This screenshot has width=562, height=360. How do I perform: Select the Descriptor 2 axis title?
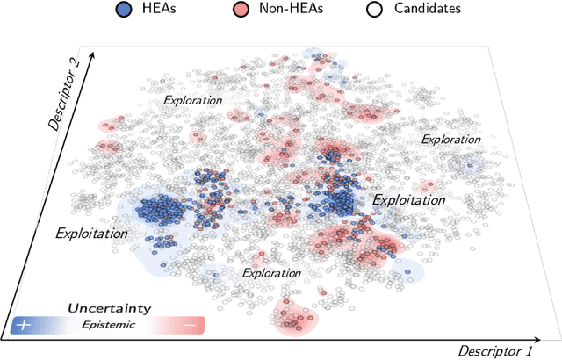pos(65,96)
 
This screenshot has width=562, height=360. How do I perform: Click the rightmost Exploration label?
pos(451,139)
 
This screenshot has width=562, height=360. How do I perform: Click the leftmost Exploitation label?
pos(91,234)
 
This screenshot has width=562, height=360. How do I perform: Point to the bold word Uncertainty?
pos(110,308)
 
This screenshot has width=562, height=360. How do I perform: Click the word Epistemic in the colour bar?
pos(110,324)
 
